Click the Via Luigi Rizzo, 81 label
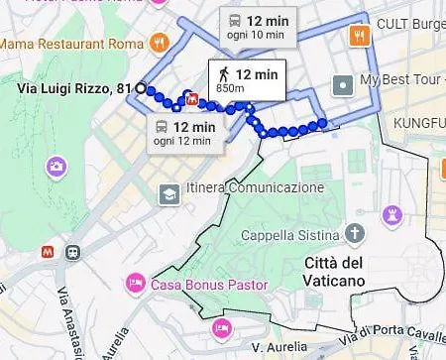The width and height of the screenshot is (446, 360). tap(75, 89)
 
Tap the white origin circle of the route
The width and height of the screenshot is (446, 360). tap(141, 89)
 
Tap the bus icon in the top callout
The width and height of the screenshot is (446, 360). tap(234, 20)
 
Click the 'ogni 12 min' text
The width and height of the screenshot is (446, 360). tap(183, 142)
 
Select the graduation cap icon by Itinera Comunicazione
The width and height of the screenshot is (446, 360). tap(169, 193)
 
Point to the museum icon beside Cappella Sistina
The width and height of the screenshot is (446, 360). tap(355, 234)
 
